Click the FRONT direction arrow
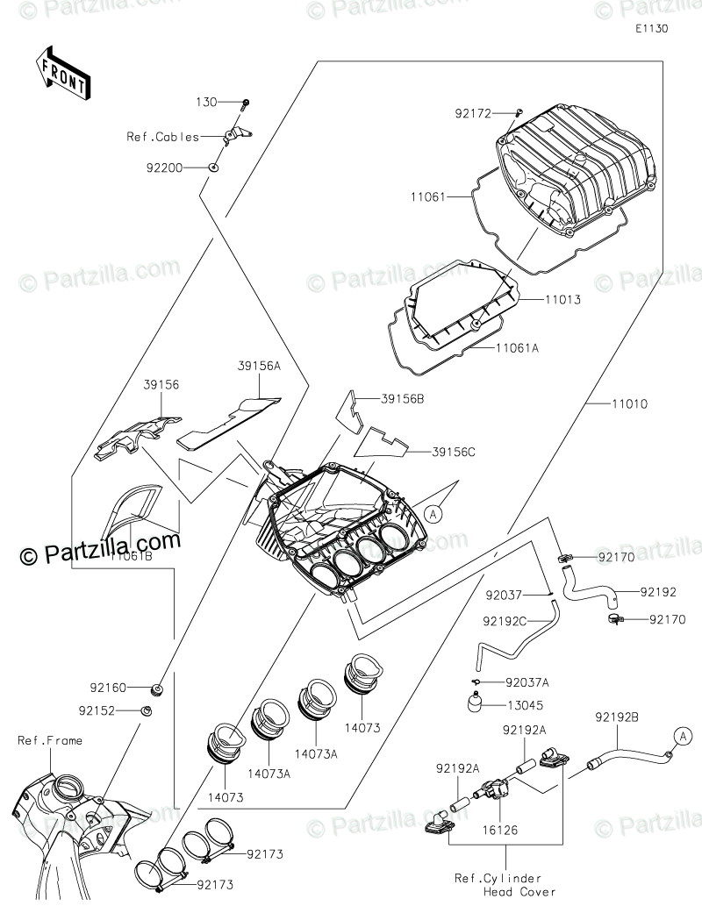point(62,74)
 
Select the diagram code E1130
point(653,28)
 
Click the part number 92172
point(472,113)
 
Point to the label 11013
point(562,299)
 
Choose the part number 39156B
point(403,399)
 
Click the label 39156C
point(454,452)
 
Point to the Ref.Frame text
point(50,741)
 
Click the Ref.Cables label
point(162,137)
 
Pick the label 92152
point(120,710)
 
